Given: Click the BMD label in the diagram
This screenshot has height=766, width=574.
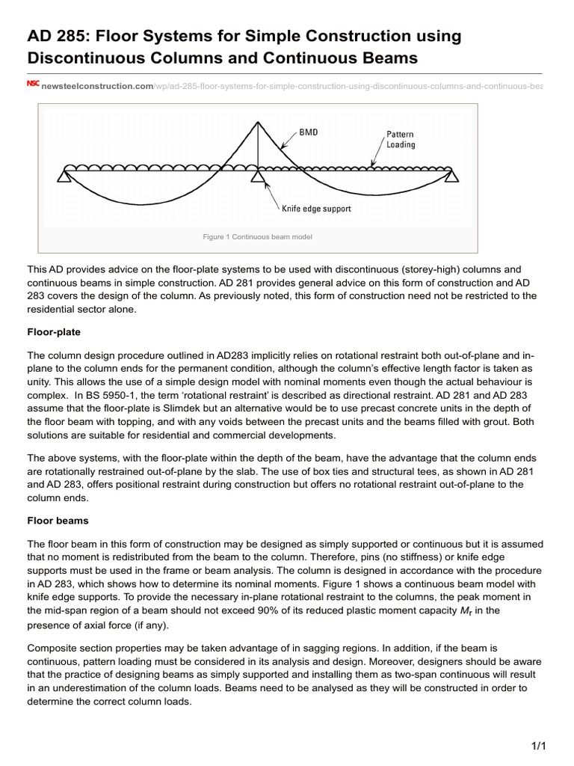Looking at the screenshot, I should pos(309,132).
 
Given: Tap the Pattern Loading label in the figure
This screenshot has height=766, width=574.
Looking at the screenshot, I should pos(401,140).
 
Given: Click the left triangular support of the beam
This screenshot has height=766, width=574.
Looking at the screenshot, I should pos(64,176).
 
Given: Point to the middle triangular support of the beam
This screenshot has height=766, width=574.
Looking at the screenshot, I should pos(258,176).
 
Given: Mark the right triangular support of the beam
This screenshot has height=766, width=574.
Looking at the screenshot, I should pos(451,176).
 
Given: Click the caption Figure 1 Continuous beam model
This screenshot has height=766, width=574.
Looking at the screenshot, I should pos(257,237).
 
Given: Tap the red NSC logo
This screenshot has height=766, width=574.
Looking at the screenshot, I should pos(33,85).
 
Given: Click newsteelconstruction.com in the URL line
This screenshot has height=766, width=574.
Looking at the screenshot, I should pos(96,87).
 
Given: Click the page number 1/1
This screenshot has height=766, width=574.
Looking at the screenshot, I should pos(538,746).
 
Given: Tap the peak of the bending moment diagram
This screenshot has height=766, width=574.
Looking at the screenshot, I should pos(258,118).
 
